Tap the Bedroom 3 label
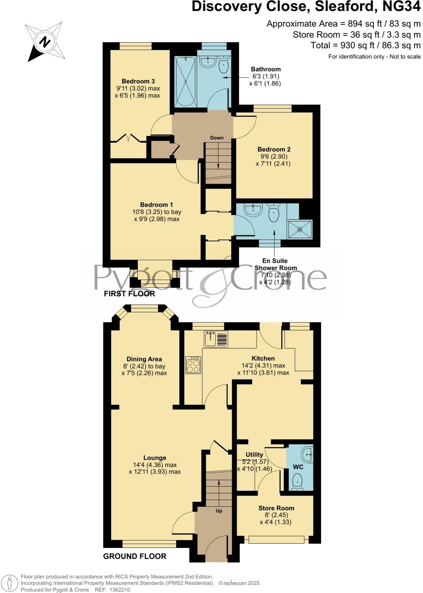[x=138, y=81]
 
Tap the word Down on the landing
[x=217, y=138]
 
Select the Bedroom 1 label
[x=156, y=205]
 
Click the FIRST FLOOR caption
[x=129, y=294]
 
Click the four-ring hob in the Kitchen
[x=193, y=365]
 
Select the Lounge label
[x=155, y=458]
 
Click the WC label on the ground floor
[x=298, y=467]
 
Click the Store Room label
[x=276, y=508]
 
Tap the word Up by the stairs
[x=219, y=511]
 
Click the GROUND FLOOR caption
[x=134, y=556]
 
